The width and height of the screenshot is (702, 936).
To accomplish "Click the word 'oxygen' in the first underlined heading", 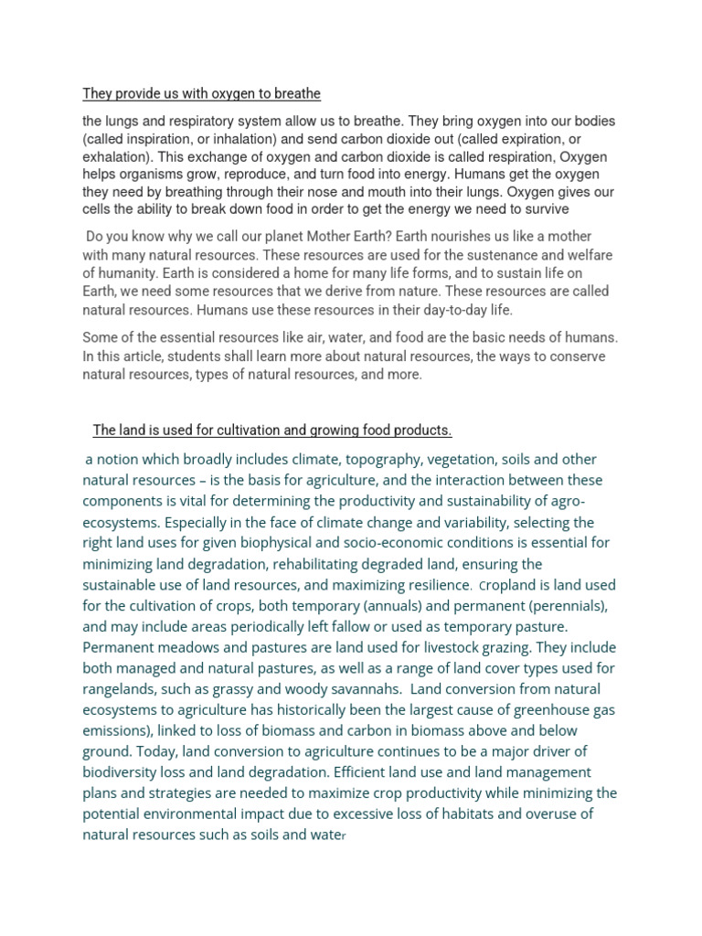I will (216, 94).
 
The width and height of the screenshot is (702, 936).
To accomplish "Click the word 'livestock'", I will (423, 648).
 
